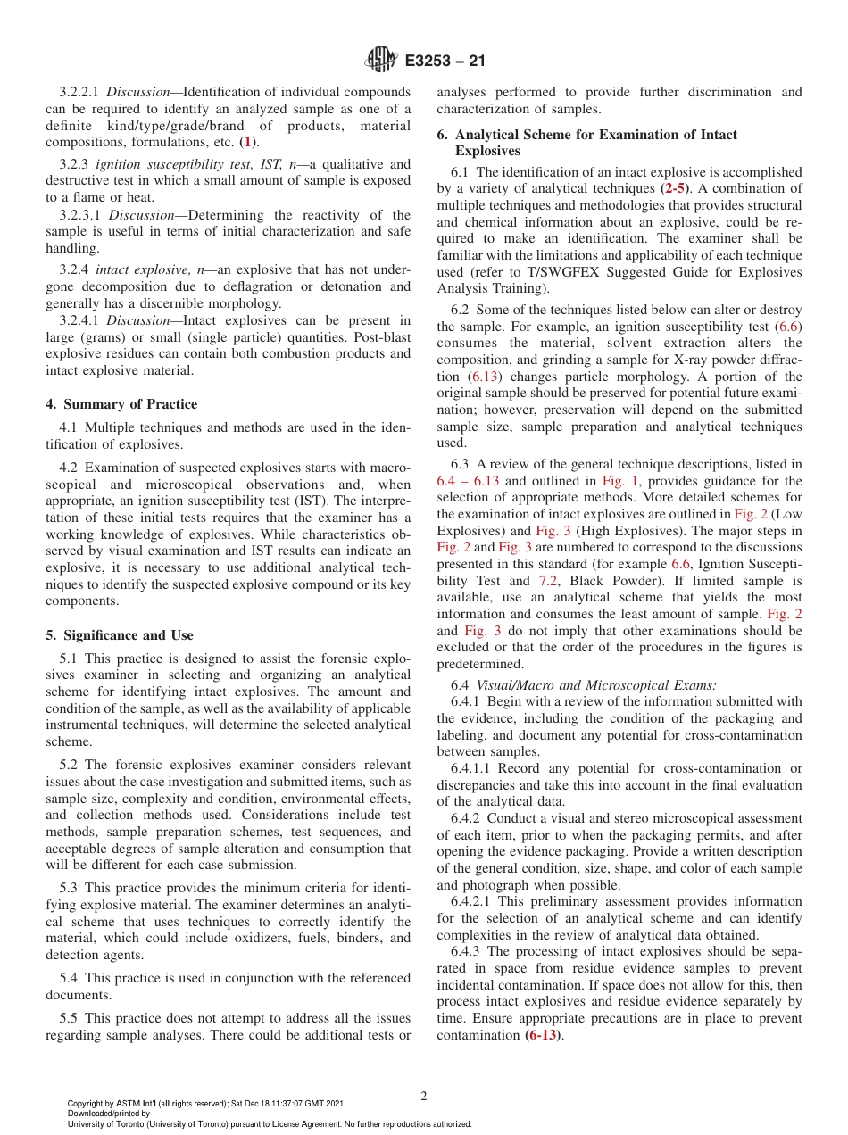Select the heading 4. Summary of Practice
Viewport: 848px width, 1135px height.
121,404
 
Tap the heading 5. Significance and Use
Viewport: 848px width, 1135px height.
119,635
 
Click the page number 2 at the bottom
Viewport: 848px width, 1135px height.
424,1097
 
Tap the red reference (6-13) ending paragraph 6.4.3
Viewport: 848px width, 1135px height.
545,1036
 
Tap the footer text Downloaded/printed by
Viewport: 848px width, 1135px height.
109,1114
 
